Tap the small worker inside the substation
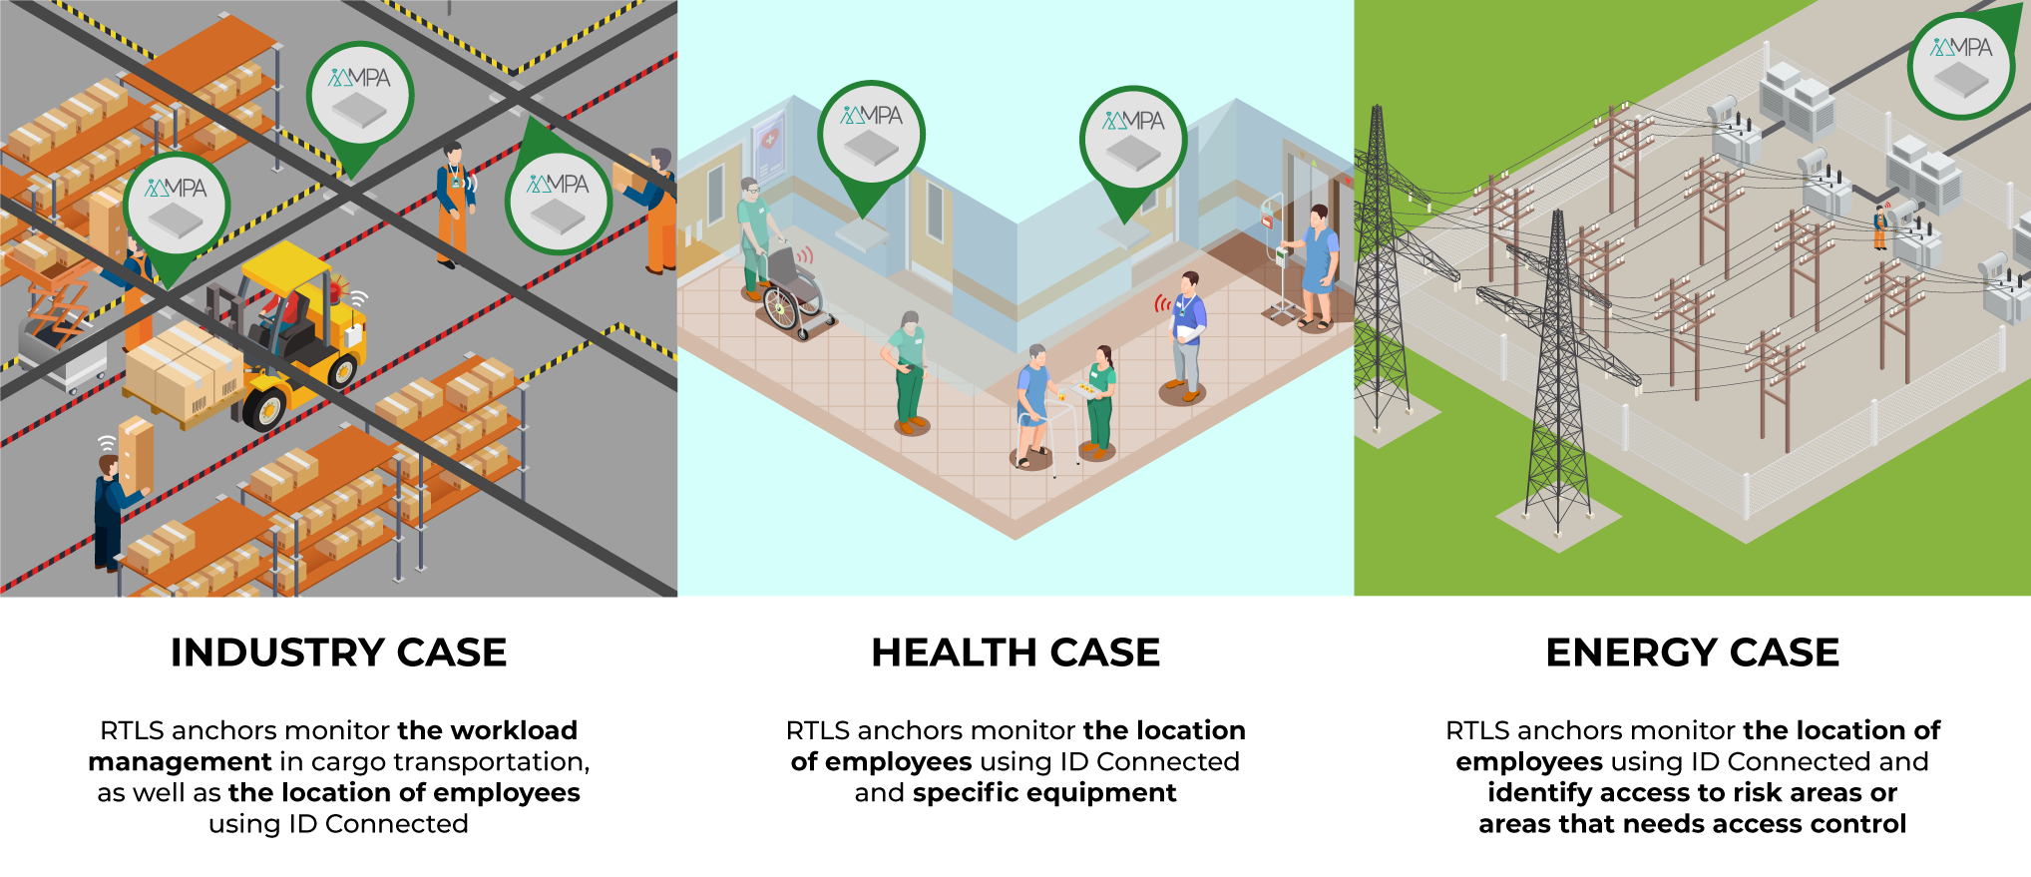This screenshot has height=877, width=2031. click(x=1879, y=227)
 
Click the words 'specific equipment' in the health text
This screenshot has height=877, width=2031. click(x=1044, y=793)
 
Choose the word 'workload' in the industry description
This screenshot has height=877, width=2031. click(x=514, y=730)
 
